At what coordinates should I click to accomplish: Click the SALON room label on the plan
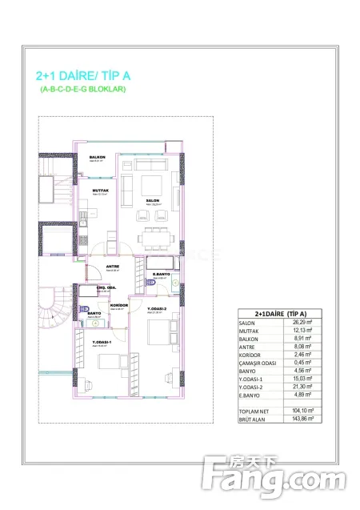[x=152, y=201]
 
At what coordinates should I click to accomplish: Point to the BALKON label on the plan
[x=98, y=157]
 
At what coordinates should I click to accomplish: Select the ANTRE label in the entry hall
[x=113, y=267]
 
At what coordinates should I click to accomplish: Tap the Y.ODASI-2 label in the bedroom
[x=156, y=308]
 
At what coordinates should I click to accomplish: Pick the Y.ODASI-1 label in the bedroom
[x=100, y=343]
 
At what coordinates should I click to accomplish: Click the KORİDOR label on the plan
[x=118, y=305]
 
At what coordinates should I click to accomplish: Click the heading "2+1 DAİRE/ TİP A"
[x=82, y=76]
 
